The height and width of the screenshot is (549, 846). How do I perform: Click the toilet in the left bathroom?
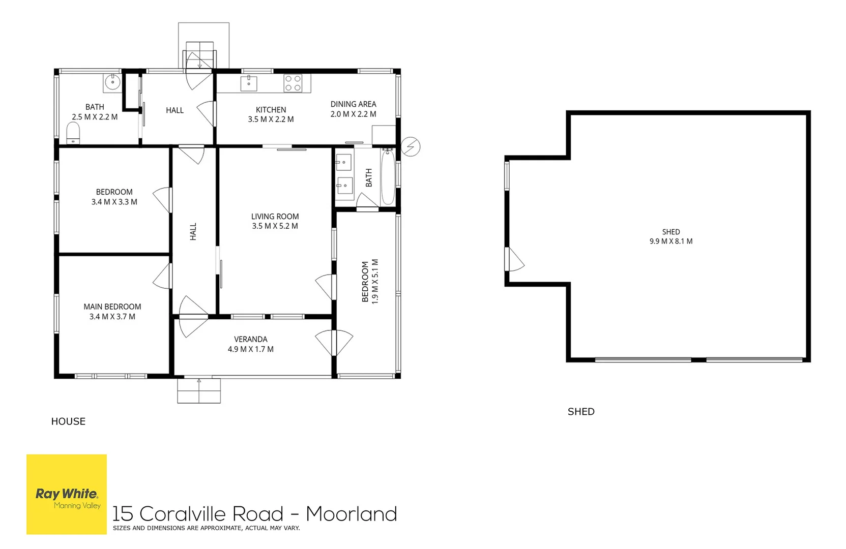coord(74,133)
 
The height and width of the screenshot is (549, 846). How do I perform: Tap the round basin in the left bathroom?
coord(111,81)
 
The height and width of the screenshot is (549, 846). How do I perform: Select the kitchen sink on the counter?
coord(249,83)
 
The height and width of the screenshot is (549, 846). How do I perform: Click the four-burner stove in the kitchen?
coord(293,83)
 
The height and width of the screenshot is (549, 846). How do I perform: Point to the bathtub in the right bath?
coord(388,176)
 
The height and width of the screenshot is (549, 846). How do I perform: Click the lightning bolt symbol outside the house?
coord(411,147)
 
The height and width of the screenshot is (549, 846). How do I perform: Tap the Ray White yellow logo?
coord(67,494)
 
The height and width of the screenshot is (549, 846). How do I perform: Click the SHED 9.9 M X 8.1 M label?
coord(670,236)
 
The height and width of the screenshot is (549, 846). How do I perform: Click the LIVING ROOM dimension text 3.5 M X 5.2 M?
coord(275,226)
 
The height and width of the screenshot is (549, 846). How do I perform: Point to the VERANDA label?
coord(250,339)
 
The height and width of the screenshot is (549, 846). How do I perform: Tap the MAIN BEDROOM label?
coord(112,307)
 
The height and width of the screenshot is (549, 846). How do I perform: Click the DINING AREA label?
coord(353,104)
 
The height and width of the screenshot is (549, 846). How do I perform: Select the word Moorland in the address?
coord(351,514)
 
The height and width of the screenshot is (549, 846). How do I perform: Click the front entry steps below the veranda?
coord(199,391)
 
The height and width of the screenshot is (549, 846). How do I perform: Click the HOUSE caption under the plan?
coord(68,421)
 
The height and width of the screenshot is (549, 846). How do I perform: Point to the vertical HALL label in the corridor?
coord(193,231)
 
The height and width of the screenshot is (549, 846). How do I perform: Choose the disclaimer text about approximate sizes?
coord(206,528)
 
